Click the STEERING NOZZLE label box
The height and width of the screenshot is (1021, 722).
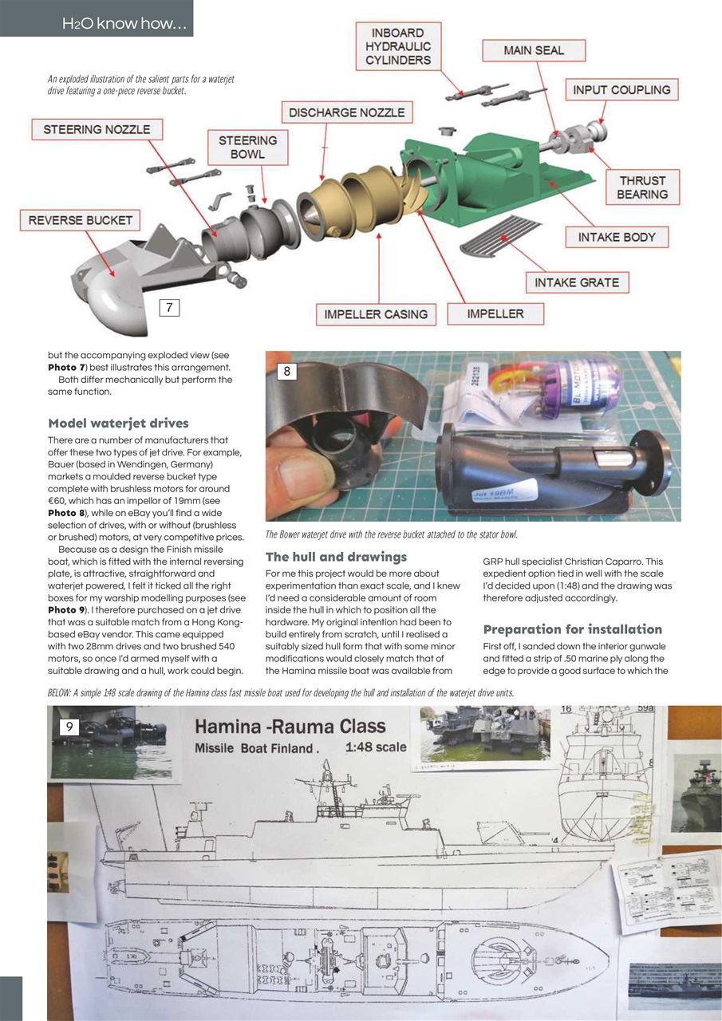pyautogui.click(x=97, y=129)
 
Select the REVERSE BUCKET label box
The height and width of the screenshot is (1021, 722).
pyautogui.click(x=81, y=220)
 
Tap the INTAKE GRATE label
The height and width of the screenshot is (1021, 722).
pyautogui.click(x=577, y=282)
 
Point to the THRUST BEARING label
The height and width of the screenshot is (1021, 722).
pyautogui.click(x=642, y=187)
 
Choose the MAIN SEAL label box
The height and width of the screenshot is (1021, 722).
pyautogui.click(x=534, y=50)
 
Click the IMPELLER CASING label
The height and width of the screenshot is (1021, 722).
pyautogui.click(x=376, y=314)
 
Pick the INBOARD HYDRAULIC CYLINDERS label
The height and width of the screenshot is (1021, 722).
pyautogui.click(x=398, y=46)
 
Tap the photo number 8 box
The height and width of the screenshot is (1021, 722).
pyautogui.click(x=289, y=370)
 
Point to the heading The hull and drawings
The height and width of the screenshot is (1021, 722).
pyautogui.click(x=336, y=556)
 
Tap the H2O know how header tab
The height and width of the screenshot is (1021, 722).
pyautogui.click(x=125, y=25)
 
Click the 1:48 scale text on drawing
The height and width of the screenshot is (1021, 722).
pyautogui.click(x=376, y=747)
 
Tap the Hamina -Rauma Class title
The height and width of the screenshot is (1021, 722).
pyautogui.click(x=290, y=726)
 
